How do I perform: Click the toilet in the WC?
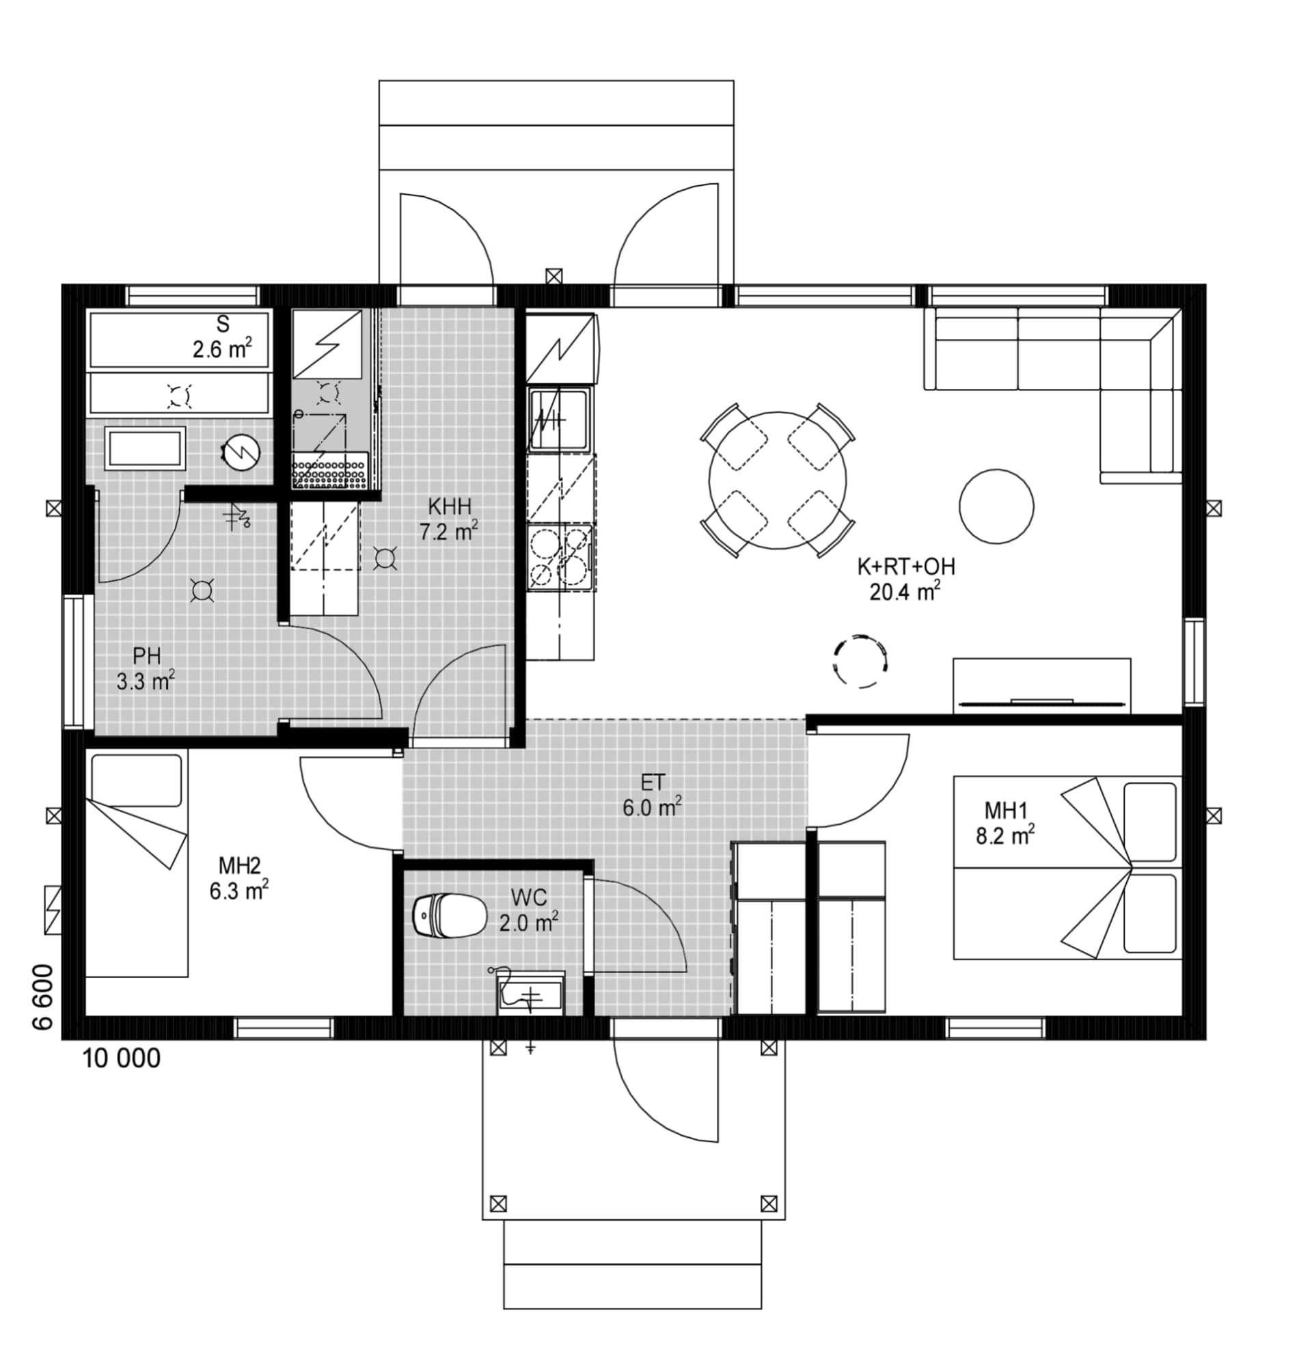[450, 914]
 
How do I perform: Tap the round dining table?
[778, 480]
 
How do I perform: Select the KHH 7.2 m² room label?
[449, 519]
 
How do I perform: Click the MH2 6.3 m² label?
[239, 878]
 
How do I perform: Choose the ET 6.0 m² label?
[652, 795]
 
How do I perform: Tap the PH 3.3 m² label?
[146, 668]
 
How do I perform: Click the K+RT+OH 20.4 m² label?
[905, 579]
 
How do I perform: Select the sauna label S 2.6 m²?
[222, 337]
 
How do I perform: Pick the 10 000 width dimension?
[122, 1059]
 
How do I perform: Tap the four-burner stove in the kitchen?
[560, 556]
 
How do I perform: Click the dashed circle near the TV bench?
[860, 661]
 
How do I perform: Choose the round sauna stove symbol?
[241, 452]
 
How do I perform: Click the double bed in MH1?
[1067, 868]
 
